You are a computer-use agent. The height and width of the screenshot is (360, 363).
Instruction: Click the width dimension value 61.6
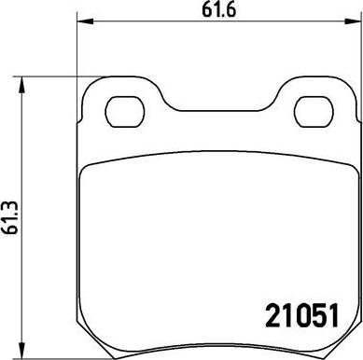click(x=218, y=10)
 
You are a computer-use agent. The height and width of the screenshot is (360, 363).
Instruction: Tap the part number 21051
click(x=301, y=315)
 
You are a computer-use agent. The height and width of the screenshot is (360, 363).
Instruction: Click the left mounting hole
click(x=125, y=112)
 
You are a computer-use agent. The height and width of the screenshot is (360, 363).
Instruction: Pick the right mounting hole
click(x=314, y=112)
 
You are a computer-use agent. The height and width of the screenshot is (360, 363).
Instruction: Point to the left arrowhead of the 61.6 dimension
click(x=85, y=21)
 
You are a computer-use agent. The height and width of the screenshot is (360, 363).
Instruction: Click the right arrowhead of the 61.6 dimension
click(x=354, y=21)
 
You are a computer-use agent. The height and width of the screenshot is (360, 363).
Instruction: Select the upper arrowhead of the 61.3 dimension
click(x=21, y=85)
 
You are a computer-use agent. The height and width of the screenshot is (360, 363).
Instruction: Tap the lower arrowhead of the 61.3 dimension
click(x=21, y=351)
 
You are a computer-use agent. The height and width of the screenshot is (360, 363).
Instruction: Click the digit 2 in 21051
click(x=272, y=315)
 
